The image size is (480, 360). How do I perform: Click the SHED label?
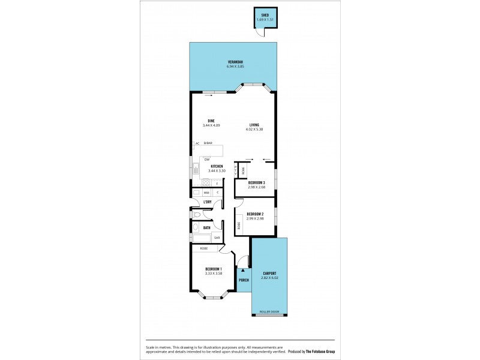click(x=265, y=15)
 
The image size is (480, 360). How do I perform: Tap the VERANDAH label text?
click(x=235, y=62)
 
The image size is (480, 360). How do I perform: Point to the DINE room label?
click(x=211, y=121)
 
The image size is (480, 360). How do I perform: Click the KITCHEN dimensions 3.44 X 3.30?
click(x=217, y=171)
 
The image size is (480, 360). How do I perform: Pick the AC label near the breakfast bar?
click(x=197, y=143)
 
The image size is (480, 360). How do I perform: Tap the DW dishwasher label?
click(x=207, y=159)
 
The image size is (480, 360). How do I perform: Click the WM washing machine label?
click(x=206, y=193)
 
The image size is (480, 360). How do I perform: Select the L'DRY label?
click(x=208, y=202)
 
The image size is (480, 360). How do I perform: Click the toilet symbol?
click(x=196, y=214)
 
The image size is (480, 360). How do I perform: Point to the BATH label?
click(x=206, y=227)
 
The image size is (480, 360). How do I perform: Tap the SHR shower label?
click(x=217, y=238)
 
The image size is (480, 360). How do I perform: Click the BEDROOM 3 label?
click(x=256, y=182)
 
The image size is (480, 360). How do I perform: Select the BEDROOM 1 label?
click(x=214, y=268)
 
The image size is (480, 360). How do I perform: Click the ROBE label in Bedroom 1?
click(x=204, y=248)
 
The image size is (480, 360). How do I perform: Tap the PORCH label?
click(x=244, y=280)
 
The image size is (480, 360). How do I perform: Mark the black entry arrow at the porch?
click(x=243, y=271)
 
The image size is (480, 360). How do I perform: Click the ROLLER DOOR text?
click(x=269, y=312)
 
